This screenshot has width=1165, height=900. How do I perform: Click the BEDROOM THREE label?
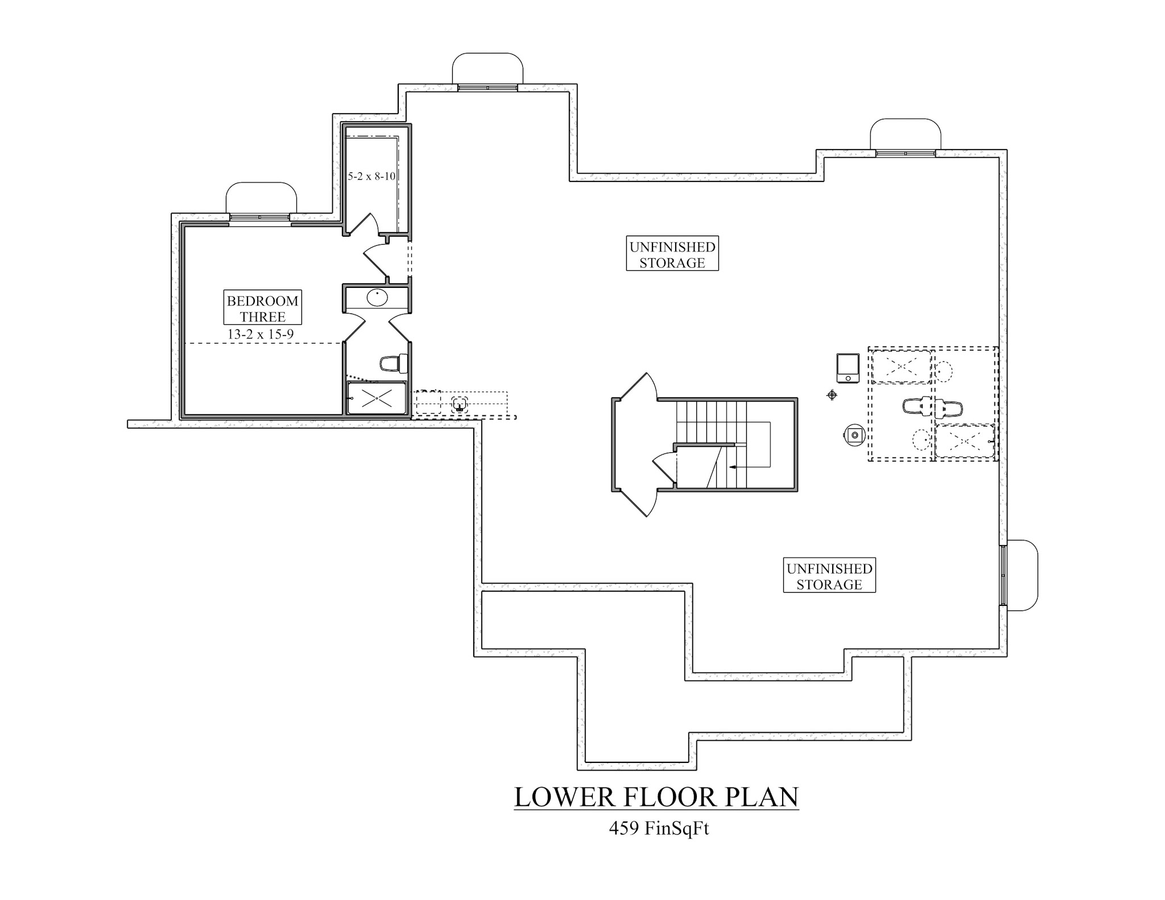pos(262,308)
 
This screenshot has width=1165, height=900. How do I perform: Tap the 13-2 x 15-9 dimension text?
pos(261,335)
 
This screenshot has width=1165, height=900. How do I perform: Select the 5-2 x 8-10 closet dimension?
pos(371,176)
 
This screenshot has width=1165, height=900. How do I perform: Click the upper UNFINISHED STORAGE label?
pos(672,254)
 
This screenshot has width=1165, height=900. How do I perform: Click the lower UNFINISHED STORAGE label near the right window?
pos(829,576)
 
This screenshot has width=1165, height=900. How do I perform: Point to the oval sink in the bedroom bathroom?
pos(377,297)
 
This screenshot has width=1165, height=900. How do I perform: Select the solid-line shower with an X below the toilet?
pos(376,398)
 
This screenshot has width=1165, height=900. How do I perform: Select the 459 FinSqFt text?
pos(659,829)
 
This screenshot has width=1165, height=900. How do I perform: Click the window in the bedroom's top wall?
pos(259,217)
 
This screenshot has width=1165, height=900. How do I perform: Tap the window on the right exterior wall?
pos(1003,575)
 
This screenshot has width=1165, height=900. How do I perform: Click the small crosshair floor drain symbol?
pos(832,395)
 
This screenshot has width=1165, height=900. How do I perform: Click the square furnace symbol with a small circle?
pos(847,369)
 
